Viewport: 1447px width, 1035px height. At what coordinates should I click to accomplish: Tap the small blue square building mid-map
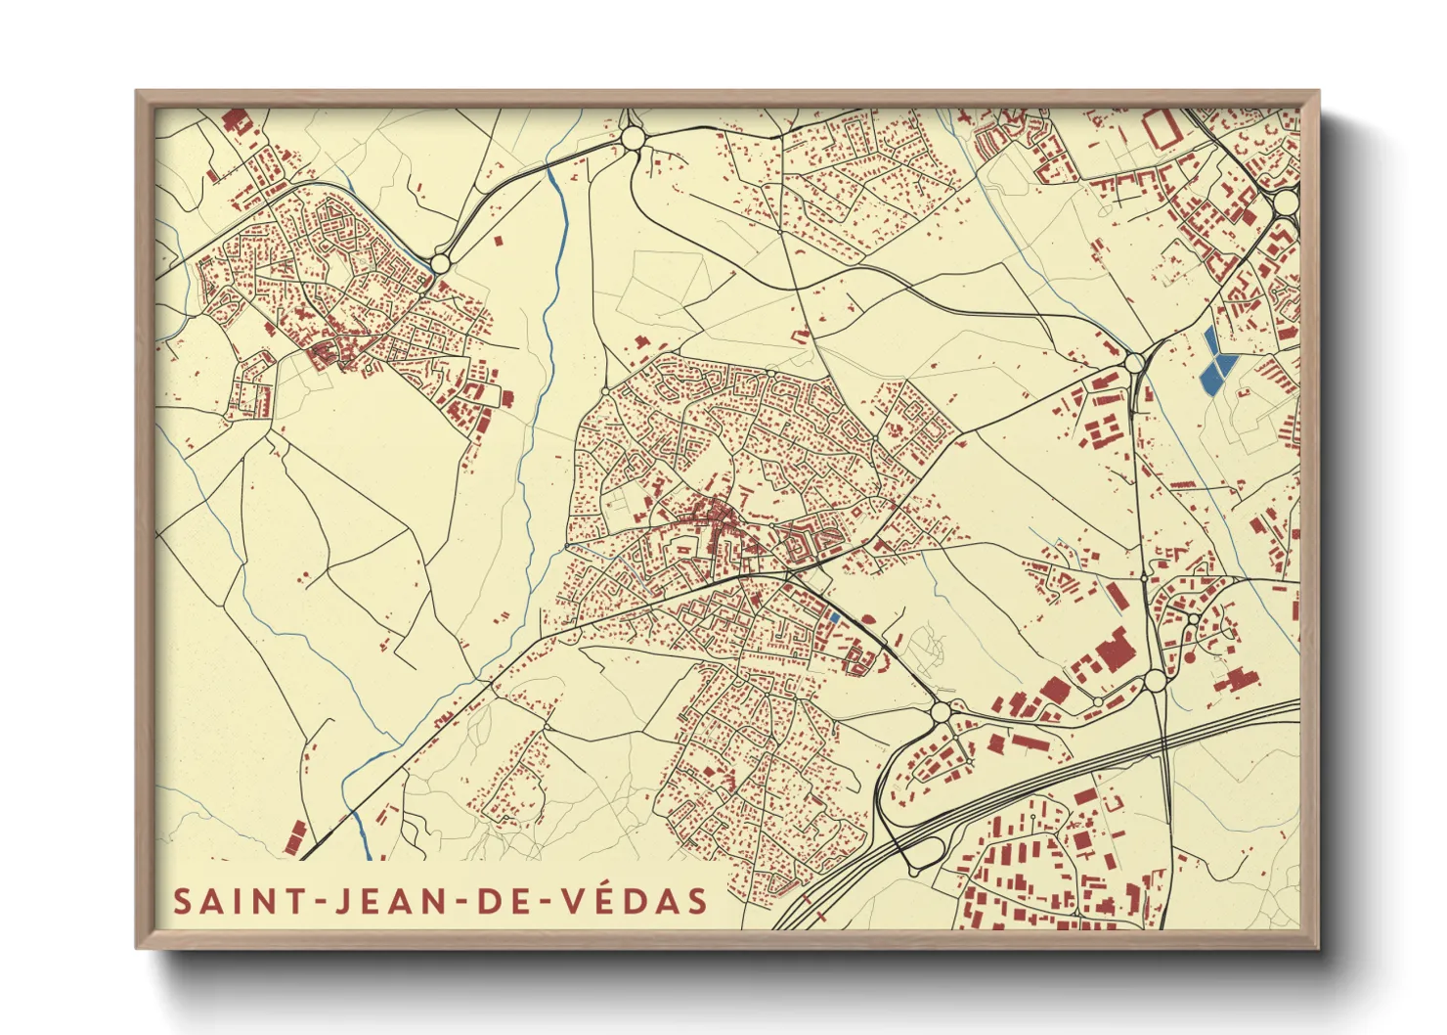click(833, 617)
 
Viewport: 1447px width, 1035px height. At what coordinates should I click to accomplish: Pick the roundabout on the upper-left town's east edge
click(440, 263)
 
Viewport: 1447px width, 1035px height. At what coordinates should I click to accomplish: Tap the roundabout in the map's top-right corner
click(1285, 202)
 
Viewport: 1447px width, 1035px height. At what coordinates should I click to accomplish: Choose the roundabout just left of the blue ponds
click(1134, 363)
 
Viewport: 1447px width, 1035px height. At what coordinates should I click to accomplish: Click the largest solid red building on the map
click(1113, 652)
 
